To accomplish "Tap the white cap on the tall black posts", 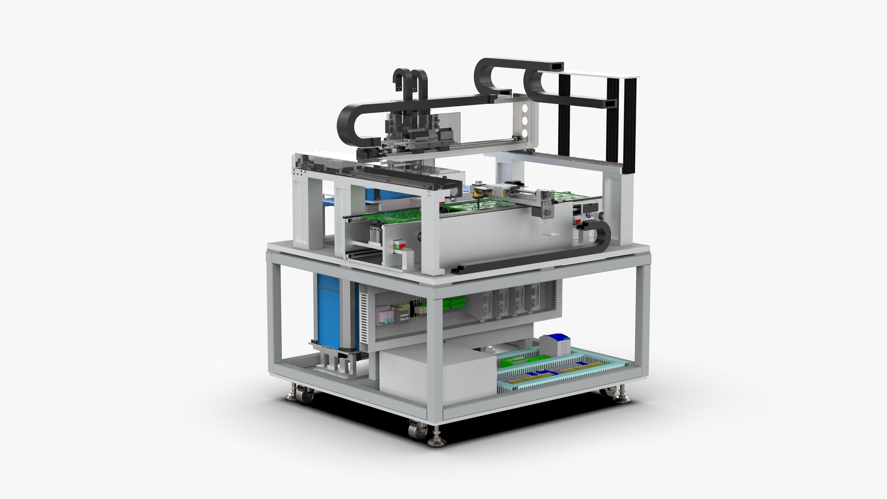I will point(601,75).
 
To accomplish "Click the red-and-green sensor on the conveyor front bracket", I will point(398,245).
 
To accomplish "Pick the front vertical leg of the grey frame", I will point(435,356).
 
